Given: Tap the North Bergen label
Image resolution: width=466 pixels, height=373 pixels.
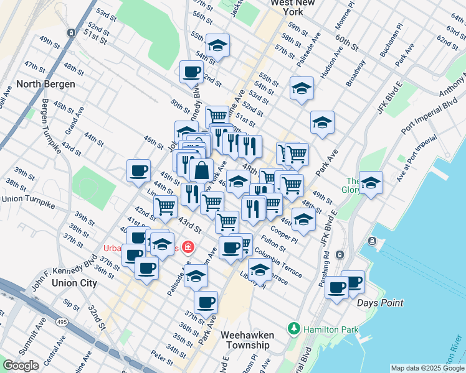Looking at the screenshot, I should pyautogui.click(x=46, y=84).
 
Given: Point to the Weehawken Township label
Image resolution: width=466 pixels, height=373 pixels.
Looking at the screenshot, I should pyautogui.click(x=247, y=339).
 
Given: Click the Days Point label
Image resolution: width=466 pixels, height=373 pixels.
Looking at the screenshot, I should pyautogui.click(x=380, y=303).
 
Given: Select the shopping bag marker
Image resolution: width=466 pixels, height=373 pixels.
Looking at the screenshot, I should pyautogui.click(x=202, y=169).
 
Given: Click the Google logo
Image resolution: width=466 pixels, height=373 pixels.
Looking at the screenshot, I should pyautogui.click(x=21, y=366).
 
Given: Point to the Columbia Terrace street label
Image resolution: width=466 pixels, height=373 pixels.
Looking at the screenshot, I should pyautogui.click(x=278, y=264).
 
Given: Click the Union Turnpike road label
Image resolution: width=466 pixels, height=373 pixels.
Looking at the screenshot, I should pyautogui.click(x=29, y=199).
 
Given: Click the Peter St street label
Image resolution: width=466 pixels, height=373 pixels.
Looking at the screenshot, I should pyautogui.click(x=161, y=359).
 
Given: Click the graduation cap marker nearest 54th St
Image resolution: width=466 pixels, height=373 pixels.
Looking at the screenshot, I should pyautogui.click(x=217, y=45).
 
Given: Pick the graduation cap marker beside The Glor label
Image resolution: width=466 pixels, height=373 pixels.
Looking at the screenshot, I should pyautogui.click(x=371, y=182).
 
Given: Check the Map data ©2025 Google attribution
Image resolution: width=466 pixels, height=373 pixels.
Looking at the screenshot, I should pyautogui.click(x=427, y=368).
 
